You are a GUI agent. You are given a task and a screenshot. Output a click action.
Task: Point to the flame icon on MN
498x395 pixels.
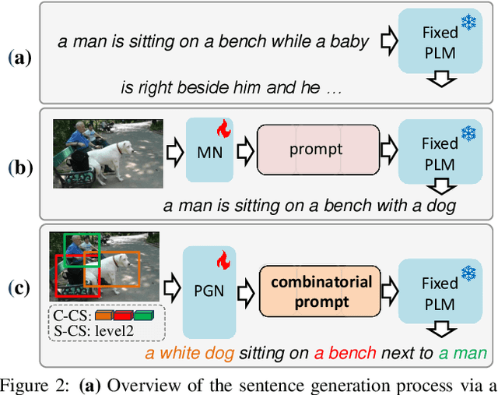point(223,129)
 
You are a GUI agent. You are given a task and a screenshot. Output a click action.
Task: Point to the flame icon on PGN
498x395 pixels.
point(223,259)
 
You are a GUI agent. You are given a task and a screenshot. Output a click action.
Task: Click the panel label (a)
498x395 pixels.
point(19,58)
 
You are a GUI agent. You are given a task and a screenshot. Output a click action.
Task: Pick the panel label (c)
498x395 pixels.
point(19,288)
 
